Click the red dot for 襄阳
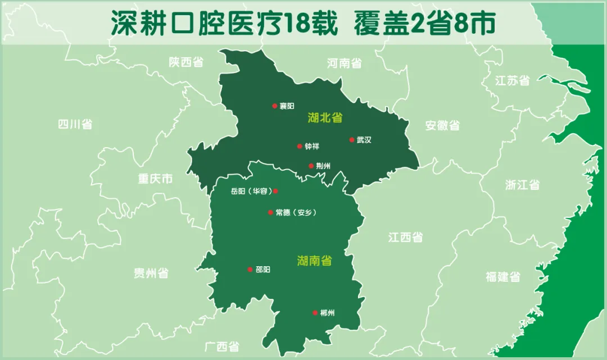(x=275, y=106)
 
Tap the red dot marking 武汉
(x=352, y=140)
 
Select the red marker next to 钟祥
(x=300, y=146)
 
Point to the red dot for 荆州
(x=311, y=166)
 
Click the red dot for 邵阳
(x=250, y=270)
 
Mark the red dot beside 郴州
(x=315, y=313)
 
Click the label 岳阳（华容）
(x=251, y=191)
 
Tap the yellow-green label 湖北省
(x=325, y=118)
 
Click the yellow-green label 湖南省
(x=314, y=261)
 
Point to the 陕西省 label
(x=186, y=62)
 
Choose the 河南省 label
(x=344, y=63)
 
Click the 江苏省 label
(x=512, y=80)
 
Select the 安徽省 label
(x=442, y=125)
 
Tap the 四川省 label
(x=75, y=124)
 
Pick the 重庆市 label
(x=155, y=179)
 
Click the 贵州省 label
(x=151, y=274)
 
